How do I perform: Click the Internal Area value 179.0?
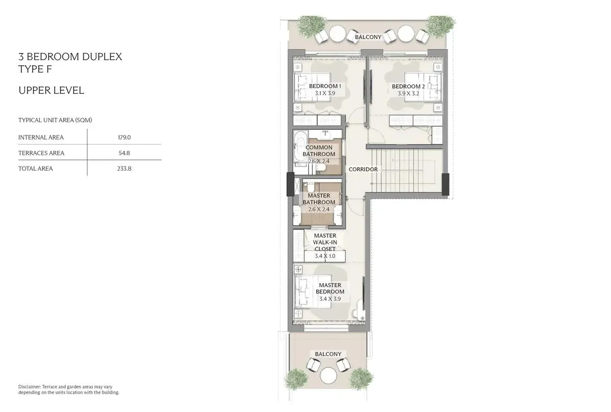124,137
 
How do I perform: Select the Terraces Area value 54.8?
124,153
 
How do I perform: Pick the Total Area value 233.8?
124,169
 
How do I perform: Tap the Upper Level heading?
51,90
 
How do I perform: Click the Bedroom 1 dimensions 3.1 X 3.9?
325,93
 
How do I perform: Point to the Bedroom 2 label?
408,86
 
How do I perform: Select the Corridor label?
363,169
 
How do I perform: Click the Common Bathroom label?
319,151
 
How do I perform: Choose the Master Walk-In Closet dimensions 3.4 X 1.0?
325,256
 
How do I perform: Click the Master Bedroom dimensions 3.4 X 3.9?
330,299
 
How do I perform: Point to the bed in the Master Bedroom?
313,291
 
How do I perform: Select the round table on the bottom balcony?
328,376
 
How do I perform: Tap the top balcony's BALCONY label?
368,37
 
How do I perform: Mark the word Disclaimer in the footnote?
29,387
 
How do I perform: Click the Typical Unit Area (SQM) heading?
55,120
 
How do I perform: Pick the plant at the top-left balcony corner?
311,26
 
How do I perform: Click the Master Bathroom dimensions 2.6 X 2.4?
319,209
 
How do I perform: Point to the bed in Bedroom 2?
423,87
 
